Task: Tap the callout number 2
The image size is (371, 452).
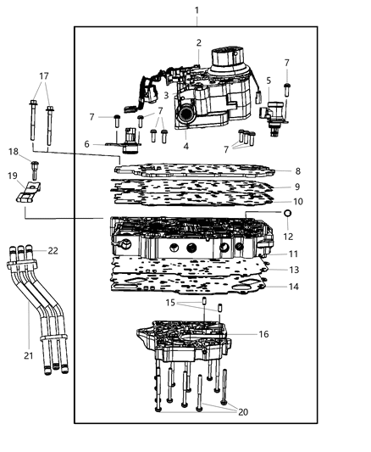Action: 198,42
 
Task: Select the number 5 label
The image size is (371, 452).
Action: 269,81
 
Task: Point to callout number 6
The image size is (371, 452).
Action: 87,144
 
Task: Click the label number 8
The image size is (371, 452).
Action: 297,171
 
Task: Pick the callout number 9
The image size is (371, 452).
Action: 297,187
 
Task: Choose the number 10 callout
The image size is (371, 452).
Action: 297,202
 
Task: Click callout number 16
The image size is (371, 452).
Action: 264,335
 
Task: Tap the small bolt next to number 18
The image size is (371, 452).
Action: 35,166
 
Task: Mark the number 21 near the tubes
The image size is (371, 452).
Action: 29,356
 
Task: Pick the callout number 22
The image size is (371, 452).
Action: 53,250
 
